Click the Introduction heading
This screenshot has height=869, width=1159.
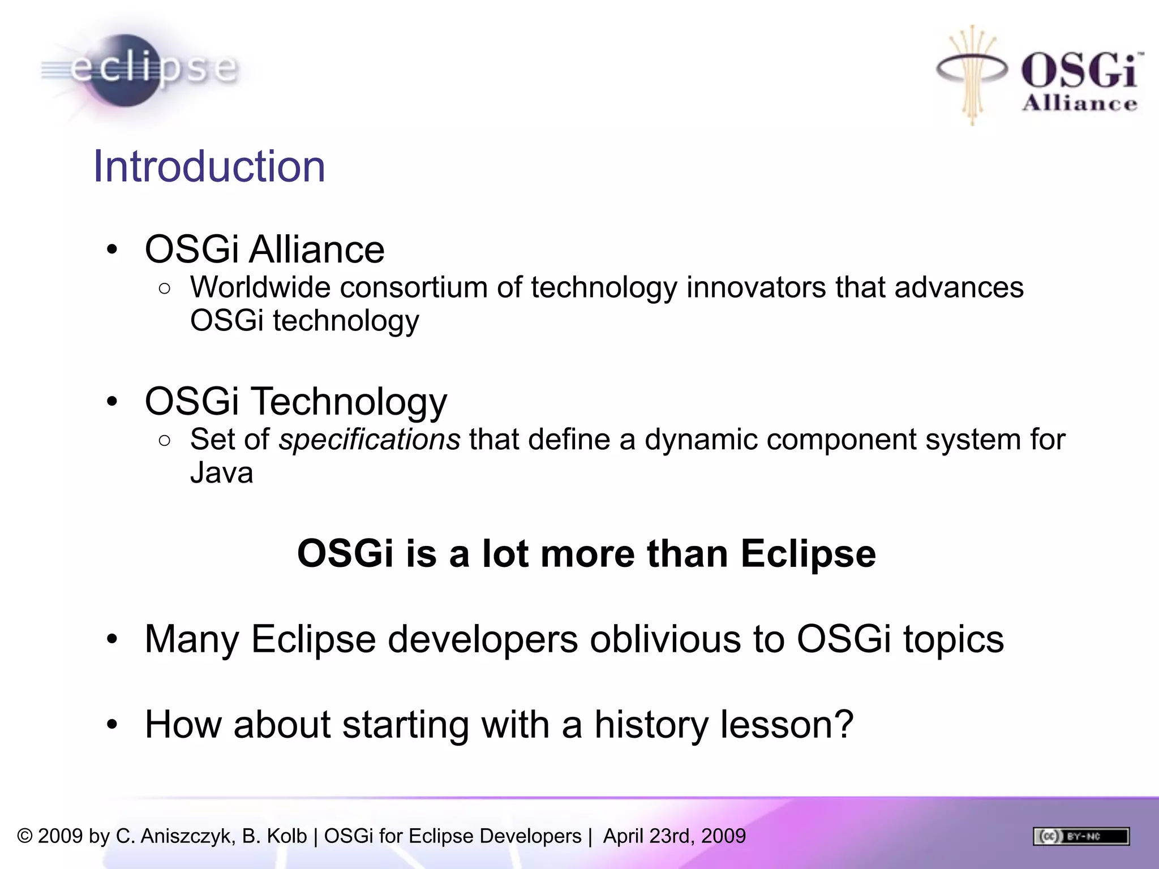(209, 166)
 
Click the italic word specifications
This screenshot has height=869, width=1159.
(370, 440)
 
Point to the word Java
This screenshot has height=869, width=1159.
(221, 473)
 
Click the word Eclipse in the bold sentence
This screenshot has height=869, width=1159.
(808, 553)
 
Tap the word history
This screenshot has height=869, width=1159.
(651, 725)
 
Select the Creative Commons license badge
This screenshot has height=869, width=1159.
(1081, 836)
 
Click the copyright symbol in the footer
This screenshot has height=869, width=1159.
(24, 836)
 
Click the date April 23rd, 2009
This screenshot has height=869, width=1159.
(674, 836)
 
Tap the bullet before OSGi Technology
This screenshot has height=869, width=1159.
(112, 402)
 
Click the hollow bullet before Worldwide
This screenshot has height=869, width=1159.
(165, 289)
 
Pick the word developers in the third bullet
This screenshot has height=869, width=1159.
(483, 639)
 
